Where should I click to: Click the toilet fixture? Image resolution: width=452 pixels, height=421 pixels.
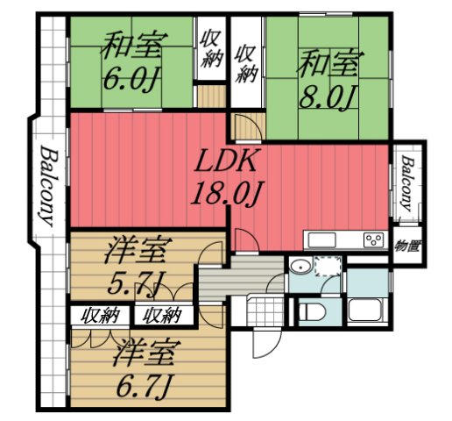tap(312, 310)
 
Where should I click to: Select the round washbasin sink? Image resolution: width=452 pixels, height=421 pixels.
tap(300, 268)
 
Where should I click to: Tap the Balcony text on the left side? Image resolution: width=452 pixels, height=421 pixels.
tap(48, 183)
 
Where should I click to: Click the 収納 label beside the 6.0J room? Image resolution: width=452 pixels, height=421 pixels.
tap(211, 50)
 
